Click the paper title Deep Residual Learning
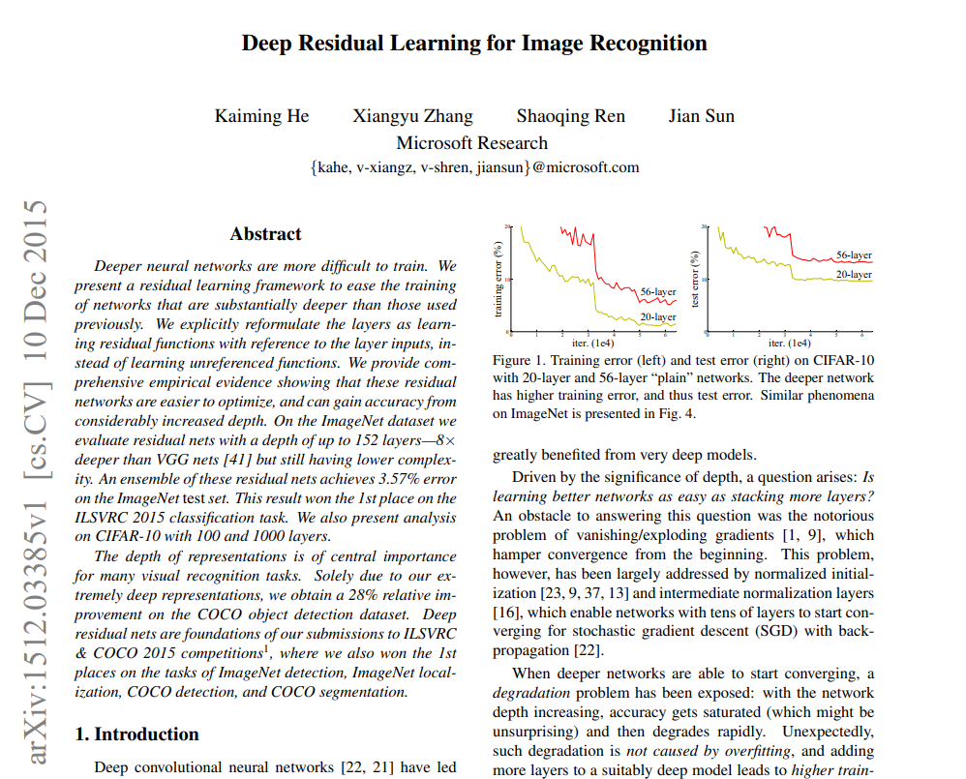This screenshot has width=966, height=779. (473, 44)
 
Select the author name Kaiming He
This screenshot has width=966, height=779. (261, 116)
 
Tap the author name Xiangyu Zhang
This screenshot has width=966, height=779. (412, 116)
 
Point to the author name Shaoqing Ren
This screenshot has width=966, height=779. (570, 116)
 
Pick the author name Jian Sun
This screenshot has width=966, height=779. (701, 116)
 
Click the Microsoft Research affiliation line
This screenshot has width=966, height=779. (472, 142)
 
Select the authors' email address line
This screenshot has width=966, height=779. (474, 166)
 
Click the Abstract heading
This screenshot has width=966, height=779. (265, 234)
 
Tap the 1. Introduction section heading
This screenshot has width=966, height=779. (136, 734)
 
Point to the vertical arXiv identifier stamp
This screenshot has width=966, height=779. (36, 480)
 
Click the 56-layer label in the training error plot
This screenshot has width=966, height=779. (658, 291)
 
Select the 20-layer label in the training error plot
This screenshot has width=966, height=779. (658, 316)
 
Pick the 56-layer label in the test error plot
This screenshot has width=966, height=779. (854, 255)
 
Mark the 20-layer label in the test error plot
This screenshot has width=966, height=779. (854, 275)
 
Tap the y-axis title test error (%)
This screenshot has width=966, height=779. (695, 280)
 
